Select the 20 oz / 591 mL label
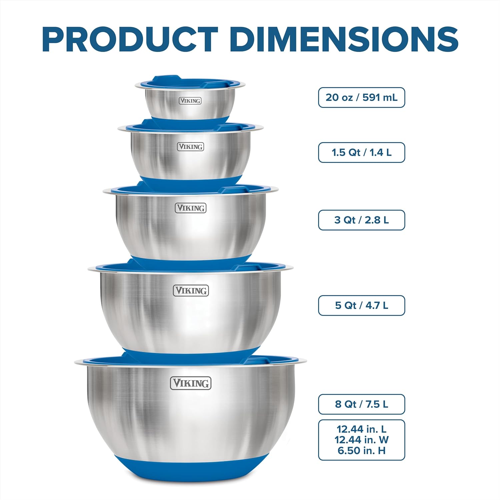pyautogui.click(x=361, y=97)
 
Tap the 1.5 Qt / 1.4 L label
pyautogui.click(x=361, y=152)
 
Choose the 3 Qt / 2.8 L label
pyautogui.click(x=361, y=220)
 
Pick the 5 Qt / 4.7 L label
pyautogui.click(x=361, y=305)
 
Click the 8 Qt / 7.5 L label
pyautogui.click(x=361, y=404)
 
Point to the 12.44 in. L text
pyautogui.click(x=361, y=429)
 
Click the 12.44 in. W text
pyautogui.click(x=361, y=440)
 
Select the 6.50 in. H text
pyautogui.click(x=361, y=451)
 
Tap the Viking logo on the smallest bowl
pyautogui.click(x=190, y=101)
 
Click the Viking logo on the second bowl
pyautogui.click(x=190, y=147)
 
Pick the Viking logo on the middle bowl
pyautogui.click(x=191, y=208)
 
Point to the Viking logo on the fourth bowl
pyautogui.click(x=191, y=291)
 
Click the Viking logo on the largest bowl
pyautogui.click(x=191, y=383)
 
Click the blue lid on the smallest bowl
pyautogui.click(x=190, y=82)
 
